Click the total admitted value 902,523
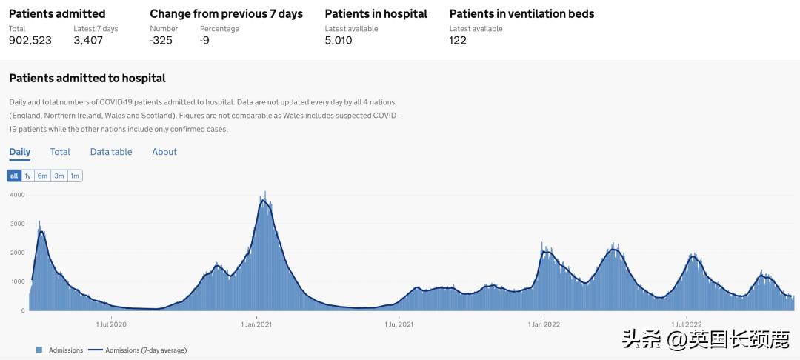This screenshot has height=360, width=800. pos(30,41)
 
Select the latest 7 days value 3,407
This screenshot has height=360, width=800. pos(88,41)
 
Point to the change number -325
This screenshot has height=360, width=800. pos(161,41)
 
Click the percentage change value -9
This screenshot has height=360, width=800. pos(204,41)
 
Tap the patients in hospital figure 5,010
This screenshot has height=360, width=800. pos(339,41)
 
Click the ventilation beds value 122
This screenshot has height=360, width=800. pos(458,41)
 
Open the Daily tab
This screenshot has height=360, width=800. pos(20,152)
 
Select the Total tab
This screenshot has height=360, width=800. pos(60,152)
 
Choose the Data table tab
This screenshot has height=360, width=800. pos(111,152)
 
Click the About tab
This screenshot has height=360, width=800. pos(164,152)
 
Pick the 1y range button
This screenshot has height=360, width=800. pos(27,176)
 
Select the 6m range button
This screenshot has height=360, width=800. pos(43,176)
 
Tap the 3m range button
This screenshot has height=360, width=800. pos(59,176)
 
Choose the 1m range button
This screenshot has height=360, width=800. pos(75,176)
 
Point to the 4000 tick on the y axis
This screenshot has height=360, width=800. pos(17,195)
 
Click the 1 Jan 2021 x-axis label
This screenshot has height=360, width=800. pos(256,324)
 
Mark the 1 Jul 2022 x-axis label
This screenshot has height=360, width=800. pos(687,324)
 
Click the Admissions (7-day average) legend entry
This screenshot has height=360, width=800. pos(138,350)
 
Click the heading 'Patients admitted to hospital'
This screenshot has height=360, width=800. pos(87,79)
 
